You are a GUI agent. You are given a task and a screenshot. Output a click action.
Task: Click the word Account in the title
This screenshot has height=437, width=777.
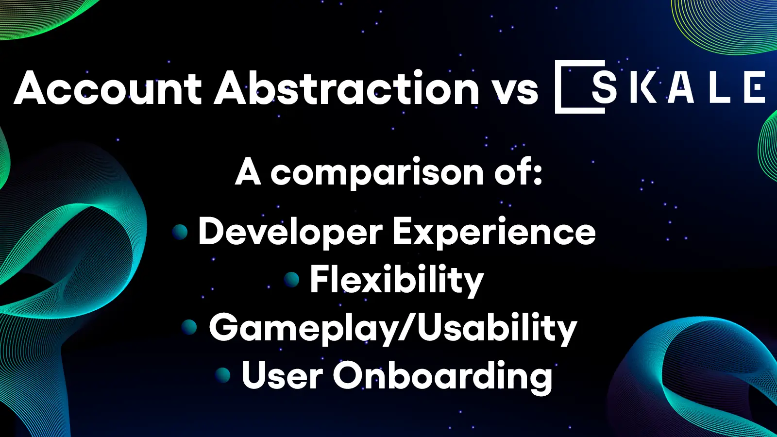click(x=108, y=88)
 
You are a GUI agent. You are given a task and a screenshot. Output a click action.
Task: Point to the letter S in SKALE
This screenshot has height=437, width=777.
click(x=604, y=88)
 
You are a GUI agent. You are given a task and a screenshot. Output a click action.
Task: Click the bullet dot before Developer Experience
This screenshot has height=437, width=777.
click(x=180, y=232)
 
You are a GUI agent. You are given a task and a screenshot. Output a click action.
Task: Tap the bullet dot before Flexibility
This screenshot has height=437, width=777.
click(x=291, y=279)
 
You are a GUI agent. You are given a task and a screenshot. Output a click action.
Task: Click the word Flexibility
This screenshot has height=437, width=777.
click(x=397, y=281)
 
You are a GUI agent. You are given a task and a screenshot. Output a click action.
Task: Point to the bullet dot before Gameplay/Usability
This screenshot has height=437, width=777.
click(x=189, y=327)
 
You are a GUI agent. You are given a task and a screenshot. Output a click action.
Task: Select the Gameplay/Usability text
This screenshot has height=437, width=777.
click(x=392, y=329)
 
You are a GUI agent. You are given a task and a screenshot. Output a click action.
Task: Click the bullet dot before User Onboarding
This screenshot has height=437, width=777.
click(x=222, y=375)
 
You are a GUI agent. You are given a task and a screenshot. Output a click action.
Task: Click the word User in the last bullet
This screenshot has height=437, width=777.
click(x=282, y=376)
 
